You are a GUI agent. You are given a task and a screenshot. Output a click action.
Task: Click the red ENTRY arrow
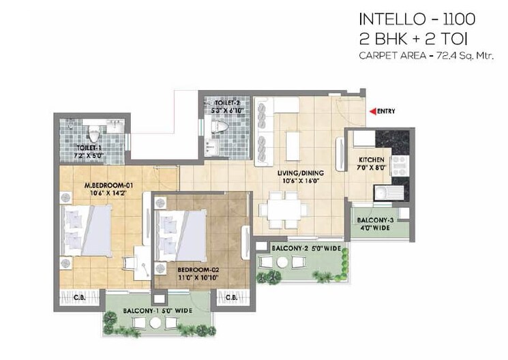coord(372,111)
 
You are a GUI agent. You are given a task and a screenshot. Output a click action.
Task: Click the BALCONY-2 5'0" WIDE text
coord(305,250)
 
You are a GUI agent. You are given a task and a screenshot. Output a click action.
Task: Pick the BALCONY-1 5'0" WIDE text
coord(158,311)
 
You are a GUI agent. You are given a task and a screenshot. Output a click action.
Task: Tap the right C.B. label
coord(230,297)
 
